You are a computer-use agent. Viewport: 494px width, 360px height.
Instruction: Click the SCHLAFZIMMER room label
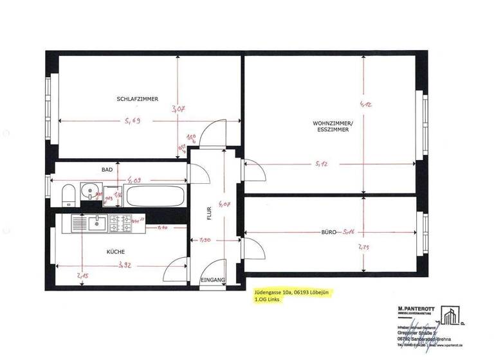137,99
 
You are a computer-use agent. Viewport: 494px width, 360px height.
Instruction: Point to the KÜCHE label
116,252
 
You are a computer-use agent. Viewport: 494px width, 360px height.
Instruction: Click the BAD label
107,170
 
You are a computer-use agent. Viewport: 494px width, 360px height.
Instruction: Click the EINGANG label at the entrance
213,280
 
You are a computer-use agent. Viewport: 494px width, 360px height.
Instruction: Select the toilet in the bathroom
68,195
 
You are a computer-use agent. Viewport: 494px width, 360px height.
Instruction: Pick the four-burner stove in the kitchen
119,223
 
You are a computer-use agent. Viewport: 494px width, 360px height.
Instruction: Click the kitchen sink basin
97,223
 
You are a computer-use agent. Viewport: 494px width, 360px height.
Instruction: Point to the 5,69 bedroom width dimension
133,121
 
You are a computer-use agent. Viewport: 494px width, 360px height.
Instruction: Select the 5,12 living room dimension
322,164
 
